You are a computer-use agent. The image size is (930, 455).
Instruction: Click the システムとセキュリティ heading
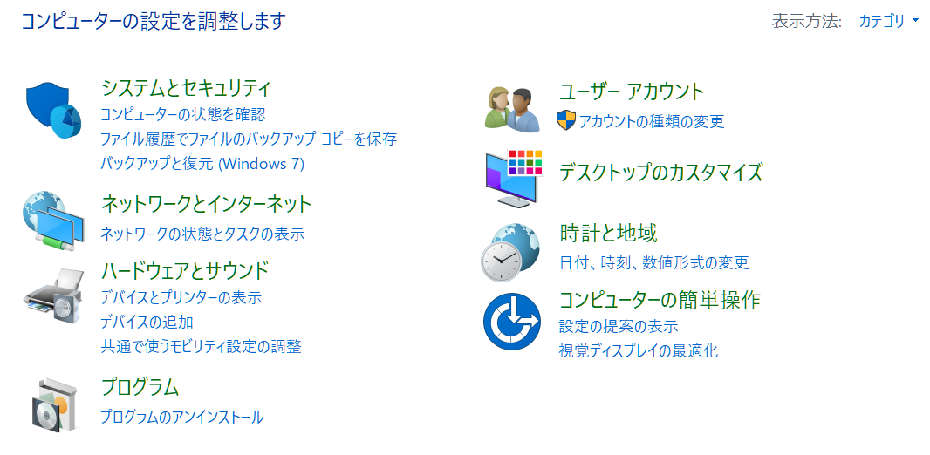pyautogui.click(x=186, y=88)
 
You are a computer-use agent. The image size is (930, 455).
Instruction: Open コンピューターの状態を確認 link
pyautogui.click(x=182, y=113)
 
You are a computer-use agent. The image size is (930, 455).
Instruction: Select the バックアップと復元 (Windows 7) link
pyautogui.click(x=202, y=164)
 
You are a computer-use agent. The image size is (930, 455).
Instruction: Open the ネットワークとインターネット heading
pyautogui.click(x=207, y=204)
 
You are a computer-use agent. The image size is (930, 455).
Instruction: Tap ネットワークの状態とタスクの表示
pyautogui.click(x=202, y=234)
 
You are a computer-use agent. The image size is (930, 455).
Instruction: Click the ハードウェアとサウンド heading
pyautogui.click(x=185, y=270)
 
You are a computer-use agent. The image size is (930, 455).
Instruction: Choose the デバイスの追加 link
pyautogui.click(x=147, y=322)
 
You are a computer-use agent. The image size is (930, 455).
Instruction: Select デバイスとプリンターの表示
pyautogui.click(x=181, y=297)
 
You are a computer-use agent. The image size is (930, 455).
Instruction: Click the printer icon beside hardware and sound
pyautogui.click(x=53, y=295)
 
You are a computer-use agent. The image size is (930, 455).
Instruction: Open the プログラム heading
pyautogui.click(x=140, y=387)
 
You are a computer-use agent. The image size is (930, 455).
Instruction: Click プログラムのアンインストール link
pyautogui.click(x=182, y=417)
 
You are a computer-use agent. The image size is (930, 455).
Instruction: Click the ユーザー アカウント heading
pyautogui.click(x=632, y=92)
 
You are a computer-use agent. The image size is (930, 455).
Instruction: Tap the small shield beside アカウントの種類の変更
pyautogui.click(x=566, y=120)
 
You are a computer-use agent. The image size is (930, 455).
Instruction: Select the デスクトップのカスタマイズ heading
pyautogui.click(x=660, y=173)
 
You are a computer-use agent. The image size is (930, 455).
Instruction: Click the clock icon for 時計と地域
pyautogui.click(x=510, y=253)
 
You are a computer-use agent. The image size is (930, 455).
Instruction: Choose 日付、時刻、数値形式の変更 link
pyautogui.click(x=654, y=261)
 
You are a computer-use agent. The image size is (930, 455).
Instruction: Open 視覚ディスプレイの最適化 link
pyautogui.click(x=639, y=350)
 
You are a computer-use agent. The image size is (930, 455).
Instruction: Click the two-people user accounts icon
pyautogui.click(x=512, y=108)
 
